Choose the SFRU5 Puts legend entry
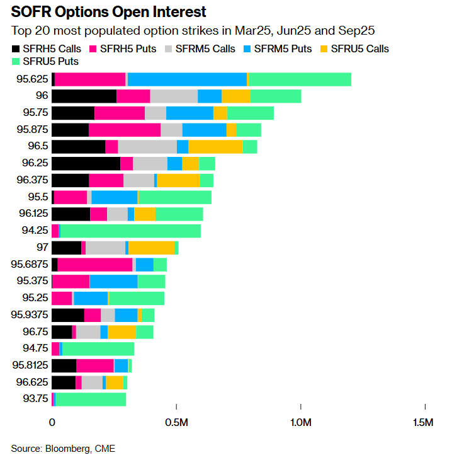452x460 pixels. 41,61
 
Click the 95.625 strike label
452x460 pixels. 32,79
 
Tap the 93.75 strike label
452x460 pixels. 35,399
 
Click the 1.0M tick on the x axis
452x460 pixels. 300,422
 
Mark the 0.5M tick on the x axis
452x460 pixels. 176,422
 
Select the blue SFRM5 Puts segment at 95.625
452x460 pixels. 187,79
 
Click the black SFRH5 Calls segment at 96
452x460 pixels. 84,96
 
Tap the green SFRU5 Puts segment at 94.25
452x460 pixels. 130,230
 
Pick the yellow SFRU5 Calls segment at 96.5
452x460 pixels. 215,146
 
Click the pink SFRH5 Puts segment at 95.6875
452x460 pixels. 95,264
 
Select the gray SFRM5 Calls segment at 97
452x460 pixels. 105,247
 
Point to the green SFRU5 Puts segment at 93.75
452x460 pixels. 91,399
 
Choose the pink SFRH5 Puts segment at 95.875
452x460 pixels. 125,129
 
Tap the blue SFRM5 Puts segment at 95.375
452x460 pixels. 113,281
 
